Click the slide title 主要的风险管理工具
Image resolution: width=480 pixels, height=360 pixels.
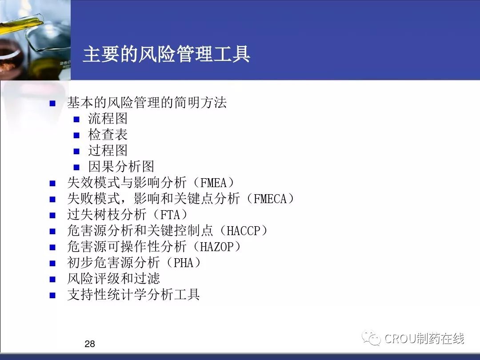167,54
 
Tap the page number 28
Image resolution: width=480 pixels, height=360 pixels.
90,344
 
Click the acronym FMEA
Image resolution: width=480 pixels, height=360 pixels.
213,183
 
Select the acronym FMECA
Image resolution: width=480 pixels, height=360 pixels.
270,199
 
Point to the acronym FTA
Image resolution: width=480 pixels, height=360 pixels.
170,215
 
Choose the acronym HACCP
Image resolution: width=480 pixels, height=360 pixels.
243,231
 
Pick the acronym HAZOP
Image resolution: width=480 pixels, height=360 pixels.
217,246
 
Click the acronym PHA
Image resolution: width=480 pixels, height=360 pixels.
184,262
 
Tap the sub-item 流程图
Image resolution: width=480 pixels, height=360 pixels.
108,119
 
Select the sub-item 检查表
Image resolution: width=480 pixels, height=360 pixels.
108,134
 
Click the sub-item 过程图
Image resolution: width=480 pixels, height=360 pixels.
108,150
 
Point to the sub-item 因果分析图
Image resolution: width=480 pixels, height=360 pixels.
121,166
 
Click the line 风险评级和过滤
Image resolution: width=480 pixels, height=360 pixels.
114,278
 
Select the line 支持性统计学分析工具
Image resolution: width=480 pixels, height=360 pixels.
133,294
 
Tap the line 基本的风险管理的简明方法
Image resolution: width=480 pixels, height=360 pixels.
147,103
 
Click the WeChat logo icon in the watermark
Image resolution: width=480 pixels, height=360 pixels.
371,338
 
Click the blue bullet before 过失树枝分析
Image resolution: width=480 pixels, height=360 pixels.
52,215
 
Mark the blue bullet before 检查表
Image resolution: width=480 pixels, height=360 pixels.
76,135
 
